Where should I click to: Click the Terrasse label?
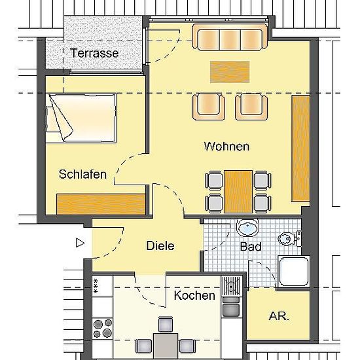(x=94, y=53)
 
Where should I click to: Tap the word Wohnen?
(x=226, y=146)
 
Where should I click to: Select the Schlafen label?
(x=82, y=174)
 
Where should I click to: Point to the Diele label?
(x=160, y=245)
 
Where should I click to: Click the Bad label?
(x=251, y=247)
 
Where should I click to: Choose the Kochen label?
(x=194, y=295)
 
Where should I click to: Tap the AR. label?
(x=279, y=316)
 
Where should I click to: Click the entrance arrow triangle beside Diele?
(x=80, y=243)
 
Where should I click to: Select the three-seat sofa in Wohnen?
(x=230, y=37)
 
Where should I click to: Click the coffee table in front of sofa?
(x=230, y=72)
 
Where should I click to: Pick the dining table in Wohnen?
(x=238, y=192)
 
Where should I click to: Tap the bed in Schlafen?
(x=81, y=118)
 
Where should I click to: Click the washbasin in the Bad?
(x=247, y=227)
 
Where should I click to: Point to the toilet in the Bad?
(x=290, y=238)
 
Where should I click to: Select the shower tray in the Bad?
(x=294, y=272)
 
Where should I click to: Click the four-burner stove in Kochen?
(x=102, y=329)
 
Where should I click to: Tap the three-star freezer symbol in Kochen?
(x=96, y=286)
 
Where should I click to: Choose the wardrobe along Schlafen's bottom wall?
(x=101, y=204)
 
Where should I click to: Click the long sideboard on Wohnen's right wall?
(x=300, y=149)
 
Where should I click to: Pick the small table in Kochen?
(x=166, y=346)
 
